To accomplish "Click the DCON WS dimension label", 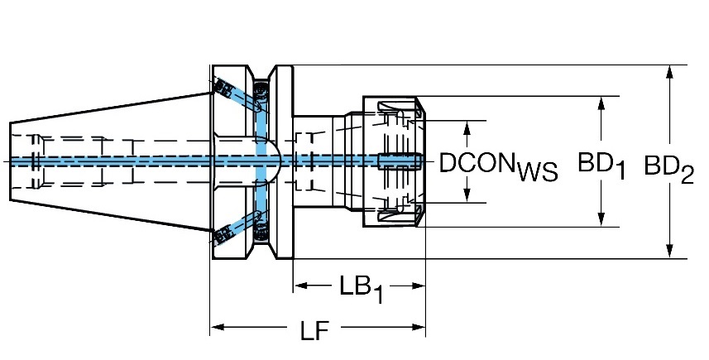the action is click(498, 166).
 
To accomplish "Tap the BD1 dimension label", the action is click(601, 166).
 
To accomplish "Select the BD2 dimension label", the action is click(668, 169).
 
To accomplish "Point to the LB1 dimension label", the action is click(362, 290).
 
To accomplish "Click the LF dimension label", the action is click(314, 331).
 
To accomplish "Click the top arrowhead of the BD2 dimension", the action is click(669, 72).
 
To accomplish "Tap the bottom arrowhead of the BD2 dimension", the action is click(669, 251).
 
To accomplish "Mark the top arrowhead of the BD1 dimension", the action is click(601, 103).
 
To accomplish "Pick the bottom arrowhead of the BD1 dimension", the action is click(601, 218).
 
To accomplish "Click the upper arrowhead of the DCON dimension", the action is click(467, 128).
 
